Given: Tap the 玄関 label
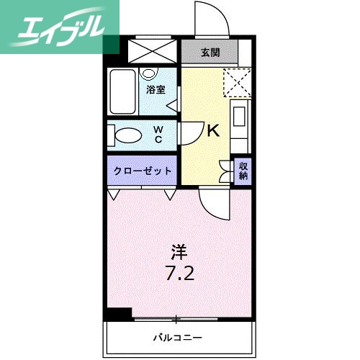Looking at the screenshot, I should tap(210, 53).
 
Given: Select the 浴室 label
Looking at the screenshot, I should tap(156, 90).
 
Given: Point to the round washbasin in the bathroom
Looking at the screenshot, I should tap(150, 73).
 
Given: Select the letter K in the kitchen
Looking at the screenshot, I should tap(213, 131).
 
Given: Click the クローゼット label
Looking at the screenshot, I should tap(143, 171).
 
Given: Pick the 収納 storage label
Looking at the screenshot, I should tap(243, 171).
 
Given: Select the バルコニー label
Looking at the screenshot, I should tap(177, 336).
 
